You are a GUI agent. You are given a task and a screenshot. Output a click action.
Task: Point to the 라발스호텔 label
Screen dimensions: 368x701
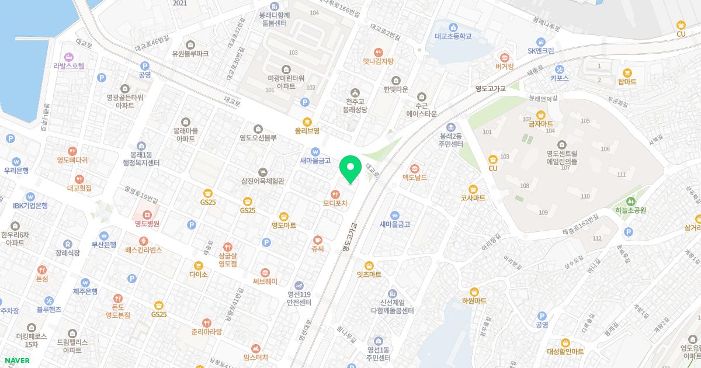(69, 66)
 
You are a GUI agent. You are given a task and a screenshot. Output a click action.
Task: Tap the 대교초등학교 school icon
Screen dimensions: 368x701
(453, 26)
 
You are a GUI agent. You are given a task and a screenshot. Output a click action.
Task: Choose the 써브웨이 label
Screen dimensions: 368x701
(265, 281)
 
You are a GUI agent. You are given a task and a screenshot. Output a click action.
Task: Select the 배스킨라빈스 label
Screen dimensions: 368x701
(143, 249)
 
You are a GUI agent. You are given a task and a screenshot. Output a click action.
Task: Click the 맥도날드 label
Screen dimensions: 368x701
(415, 177)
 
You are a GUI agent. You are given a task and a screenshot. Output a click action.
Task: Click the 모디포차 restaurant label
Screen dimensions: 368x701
(335, 203)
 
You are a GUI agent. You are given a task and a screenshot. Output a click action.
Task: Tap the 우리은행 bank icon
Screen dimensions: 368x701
(16, 161)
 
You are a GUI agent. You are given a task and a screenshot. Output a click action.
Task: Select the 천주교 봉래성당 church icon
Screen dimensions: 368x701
(355, 92)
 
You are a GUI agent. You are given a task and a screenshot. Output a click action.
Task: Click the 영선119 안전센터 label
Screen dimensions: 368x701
(299, 298)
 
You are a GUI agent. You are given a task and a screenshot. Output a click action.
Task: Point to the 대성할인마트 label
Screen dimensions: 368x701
(565, 352)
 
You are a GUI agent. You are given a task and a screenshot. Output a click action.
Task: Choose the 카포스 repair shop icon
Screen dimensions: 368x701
(559, 68)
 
